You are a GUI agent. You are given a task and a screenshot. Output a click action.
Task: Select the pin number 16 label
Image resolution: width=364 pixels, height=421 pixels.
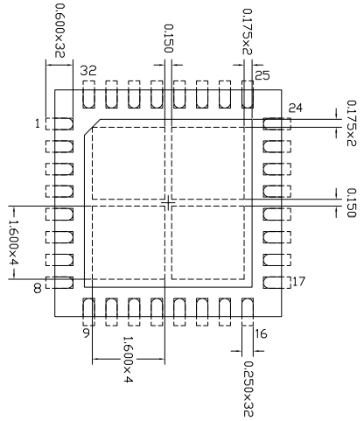pyautogui.click(x=260, y=333)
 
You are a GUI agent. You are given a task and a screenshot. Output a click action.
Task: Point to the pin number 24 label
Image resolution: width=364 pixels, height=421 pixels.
pyautogui.click(x=295, y=108)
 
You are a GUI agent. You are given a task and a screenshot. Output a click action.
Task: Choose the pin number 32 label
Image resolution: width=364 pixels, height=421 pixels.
pyautogui.click(x=87, y=70)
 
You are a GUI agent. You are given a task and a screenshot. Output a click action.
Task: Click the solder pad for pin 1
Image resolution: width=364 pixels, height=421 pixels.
pyautogui.click(x=59, y=124)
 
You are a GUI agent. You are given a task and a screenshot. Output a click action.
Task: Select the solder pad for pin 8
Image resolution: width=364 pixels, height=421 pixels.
pyautogui.click(x=59, y=281)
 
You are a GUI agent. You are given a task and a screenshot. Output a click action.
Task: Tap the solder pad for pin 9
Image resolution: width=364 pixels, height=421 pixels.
pyautogui.click(x=88, y=308)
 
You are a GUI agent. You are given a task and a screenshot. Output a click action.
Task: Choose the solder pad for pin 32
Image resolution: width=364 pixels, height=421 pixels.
pyautogui.click(x=88, y=94)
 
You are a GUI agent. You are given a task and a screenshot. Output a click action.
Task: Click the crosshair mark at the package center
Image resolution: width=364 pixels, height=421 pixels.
pyautogui.click(x=168, y=202)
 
